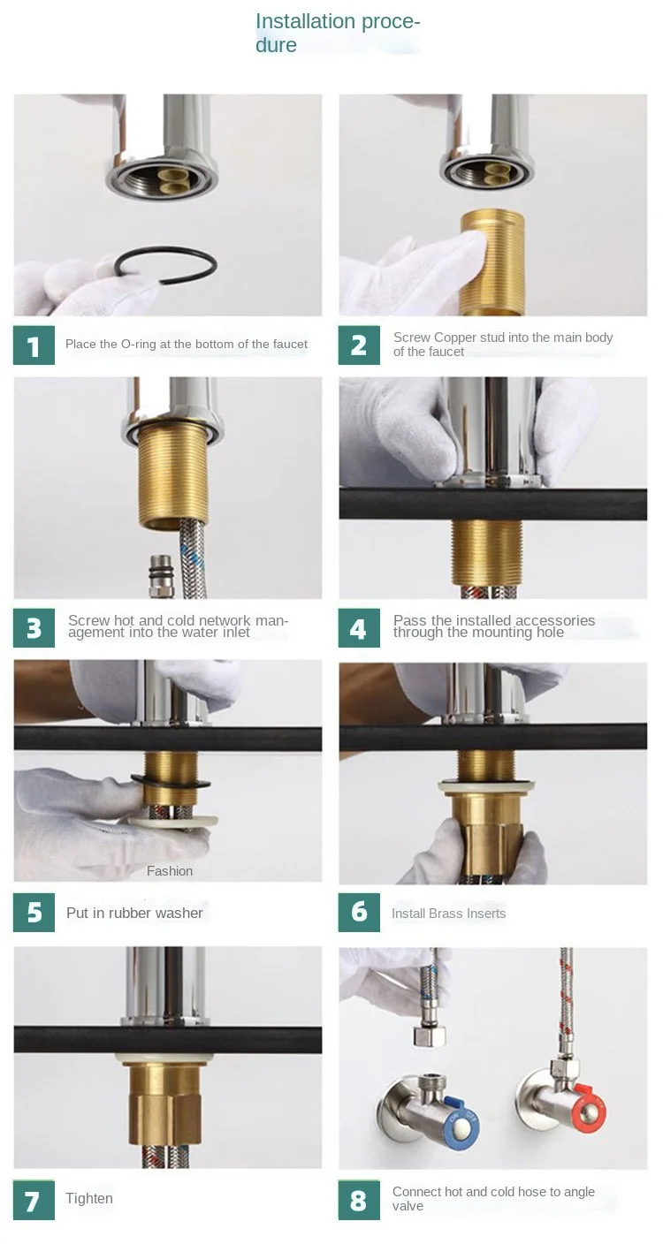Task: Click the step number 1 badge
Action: [x=34, y=345]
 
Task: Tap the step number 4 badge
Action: [x=359, y=628]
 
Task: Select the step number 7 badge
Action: [x=34, y=1200]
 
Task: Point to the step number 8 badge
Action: [x=359, y=1200]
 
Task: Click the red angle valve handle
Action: [x=591, y=1109]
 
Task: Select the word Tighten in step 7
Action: [x=89, y=1198]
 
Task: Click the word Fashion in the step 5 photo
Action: [x=170, y=871]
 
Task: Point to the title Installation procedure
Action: [x=338, y=33]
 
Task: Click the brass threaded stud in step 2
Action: [x=492, y=262]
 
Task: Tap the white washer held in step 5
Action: [x=174, y=820]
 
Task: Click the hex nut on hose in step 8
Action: [x=430, y=1036]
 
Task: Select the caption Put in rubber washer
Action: [x=134, y=913]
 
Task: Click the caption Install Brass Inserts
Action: [x=448, y=914]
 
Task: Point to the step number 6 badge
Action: [x=359, y=912]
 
